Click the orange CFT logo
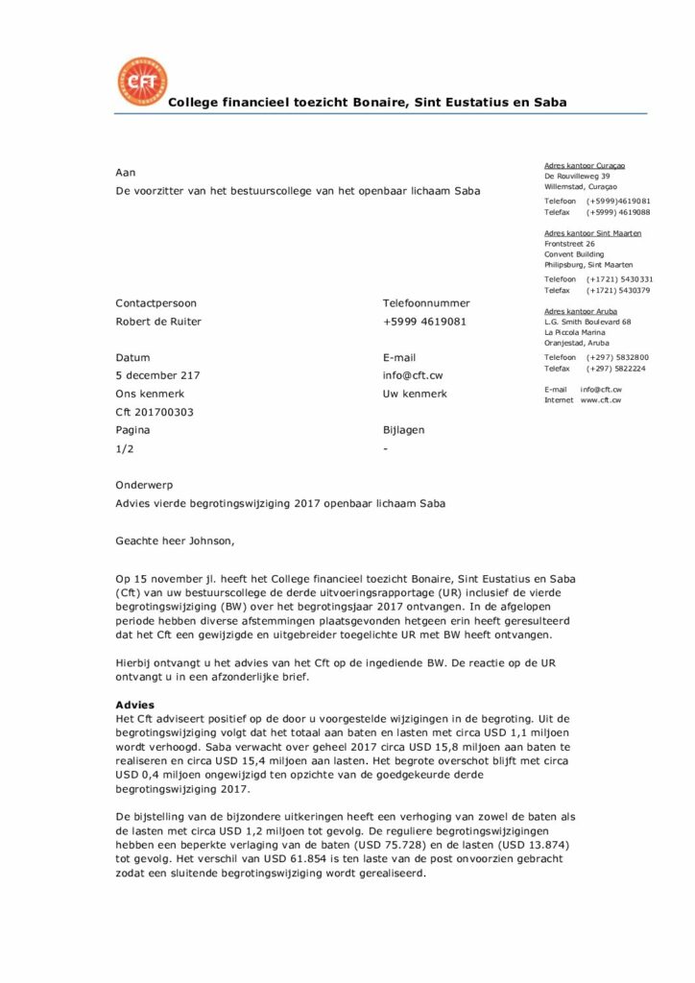[x=141, y=82]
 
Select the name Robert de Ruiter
[x=158, y=322]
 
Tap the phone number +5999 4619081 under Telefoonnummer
[x=424, y=322]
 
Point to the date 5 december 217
[x=157, y=375]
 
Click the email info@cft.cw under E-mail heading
[x=413, y=375]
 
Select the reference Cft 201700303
[x=155, y=412]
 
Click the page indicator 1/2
[x=124, y=448]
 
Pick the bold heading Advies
[x=134, y=705]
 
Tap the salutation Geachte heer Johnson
[x=174, y=540]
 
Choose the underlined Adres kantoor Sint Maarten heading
[x=592, y=233]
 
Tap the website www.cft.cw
[x=601, y=399]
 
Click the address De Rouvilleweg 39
[x=577, y=177]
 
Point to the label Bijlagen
[x=403, y=430]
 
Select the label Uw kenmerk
[x=414, y=394]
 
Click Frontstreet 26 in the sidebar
[x=570, y=244]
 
